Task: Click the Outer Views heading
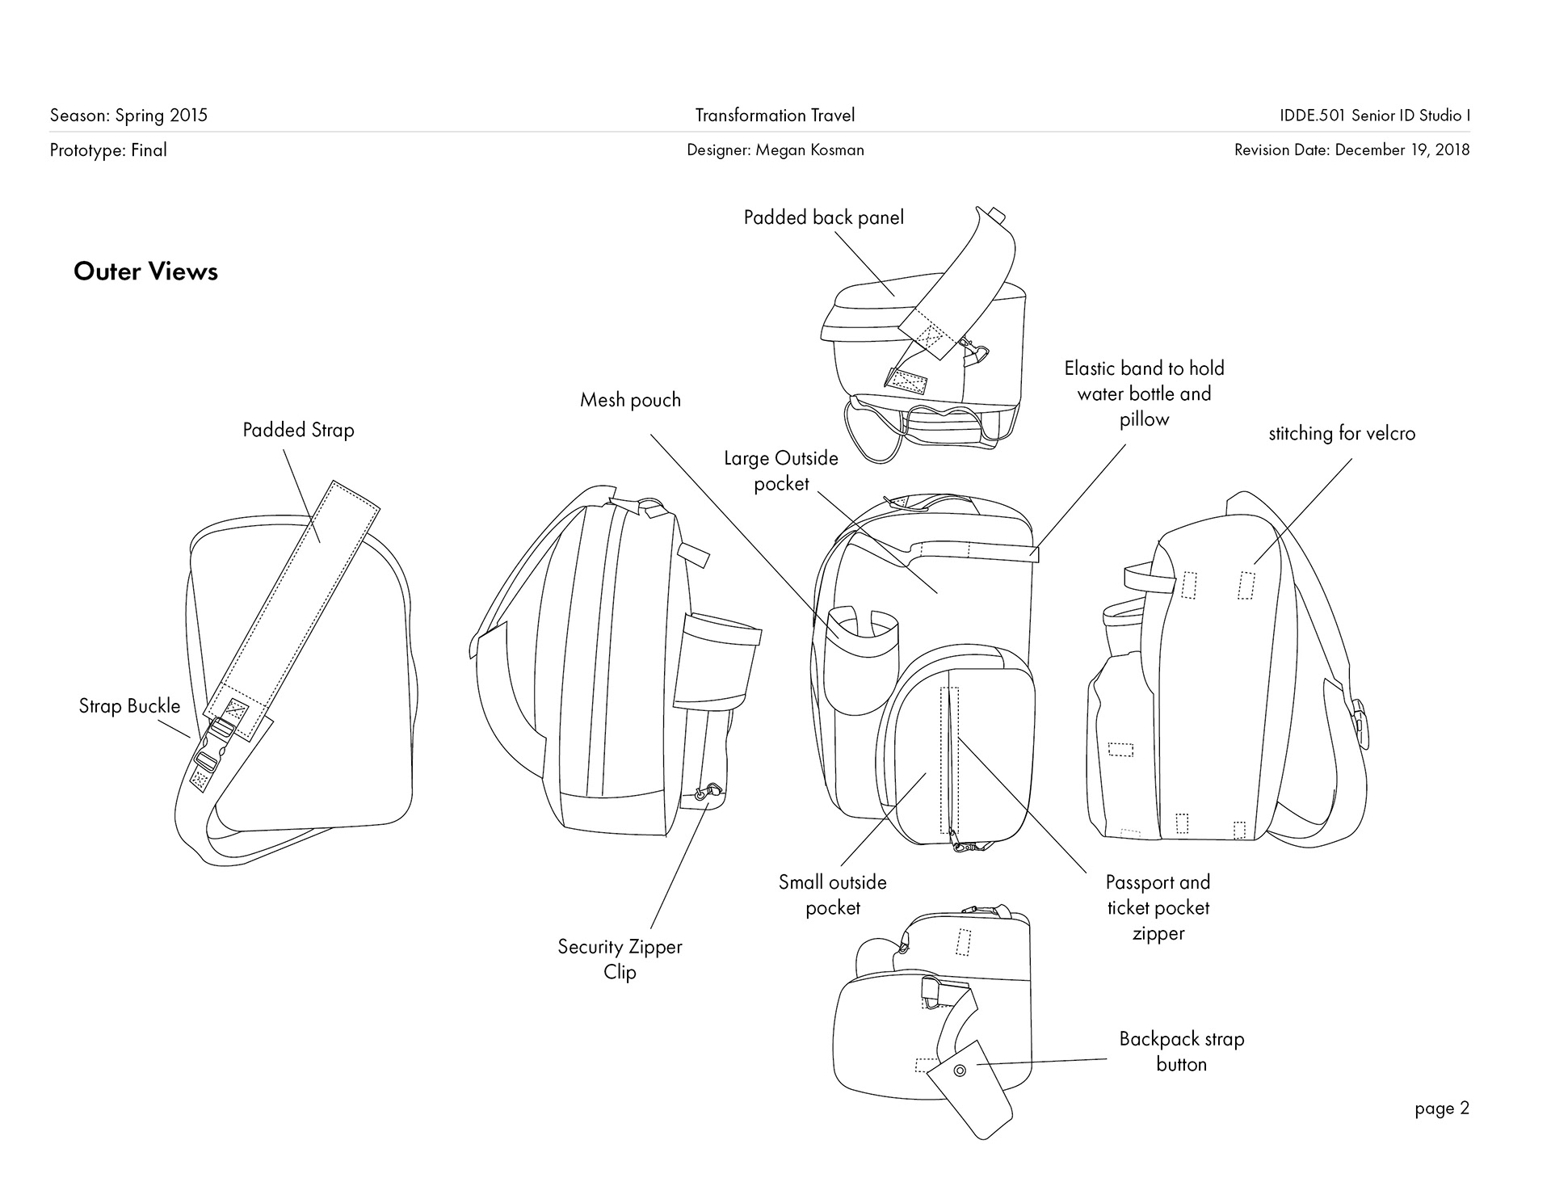145,271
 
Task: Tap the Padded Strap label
298,430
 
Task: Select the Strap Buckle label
129,706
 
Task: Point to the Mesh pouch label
630,400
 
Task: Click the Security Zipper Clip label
620,959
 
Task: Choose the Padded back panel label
823,217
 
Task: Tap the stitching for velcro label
1342,434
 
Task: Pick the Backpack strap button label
1181,1051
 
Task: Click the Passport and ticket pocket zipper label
1158,907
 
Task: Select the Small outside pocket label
832,894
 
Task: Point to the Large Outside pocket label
780,471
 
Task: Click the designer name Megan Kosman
775,149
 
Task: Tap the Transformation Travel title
775,116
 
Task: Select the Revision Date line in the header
1351,149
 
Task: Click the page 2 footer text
1441,1109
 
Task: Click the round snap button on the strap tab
960,1071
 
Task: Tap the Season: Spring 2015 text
128,116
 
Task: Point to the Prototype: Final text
108,149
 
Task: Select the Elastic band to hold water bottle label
1144,393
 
